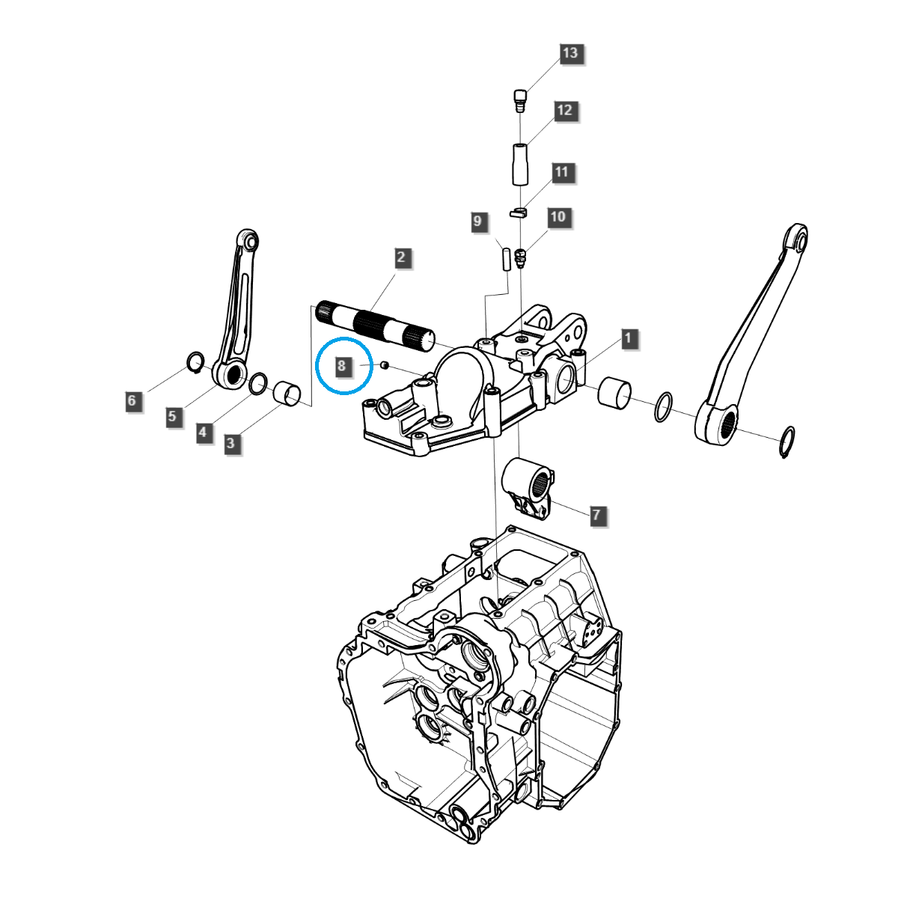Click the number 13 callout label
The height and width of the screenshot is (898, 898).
(570, 53)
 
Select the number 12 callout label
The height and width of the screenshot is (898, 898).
(564, 111)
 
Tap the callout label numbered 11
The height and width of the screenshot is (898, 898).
(562, 172)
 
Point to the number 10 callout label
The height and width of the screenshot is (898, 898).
(558, 217)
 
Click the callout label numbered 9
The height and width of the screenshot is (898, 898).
(477, 222)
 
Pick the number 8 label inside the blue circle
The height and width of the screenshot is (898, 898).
(342, 366)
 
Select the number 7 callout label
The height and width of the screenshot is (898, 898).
(596, 515)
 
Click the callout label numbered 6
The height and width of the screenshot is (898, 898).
(132, 400)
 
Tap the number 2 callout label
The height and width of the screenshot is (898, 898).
(401, 257)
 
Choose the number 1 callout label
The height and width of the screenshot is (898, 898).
(628, 338)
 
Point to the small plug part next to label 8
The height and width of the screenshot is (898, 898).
(384, 364)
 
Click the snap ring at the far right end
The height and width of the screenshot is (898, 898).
(787, 442)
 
